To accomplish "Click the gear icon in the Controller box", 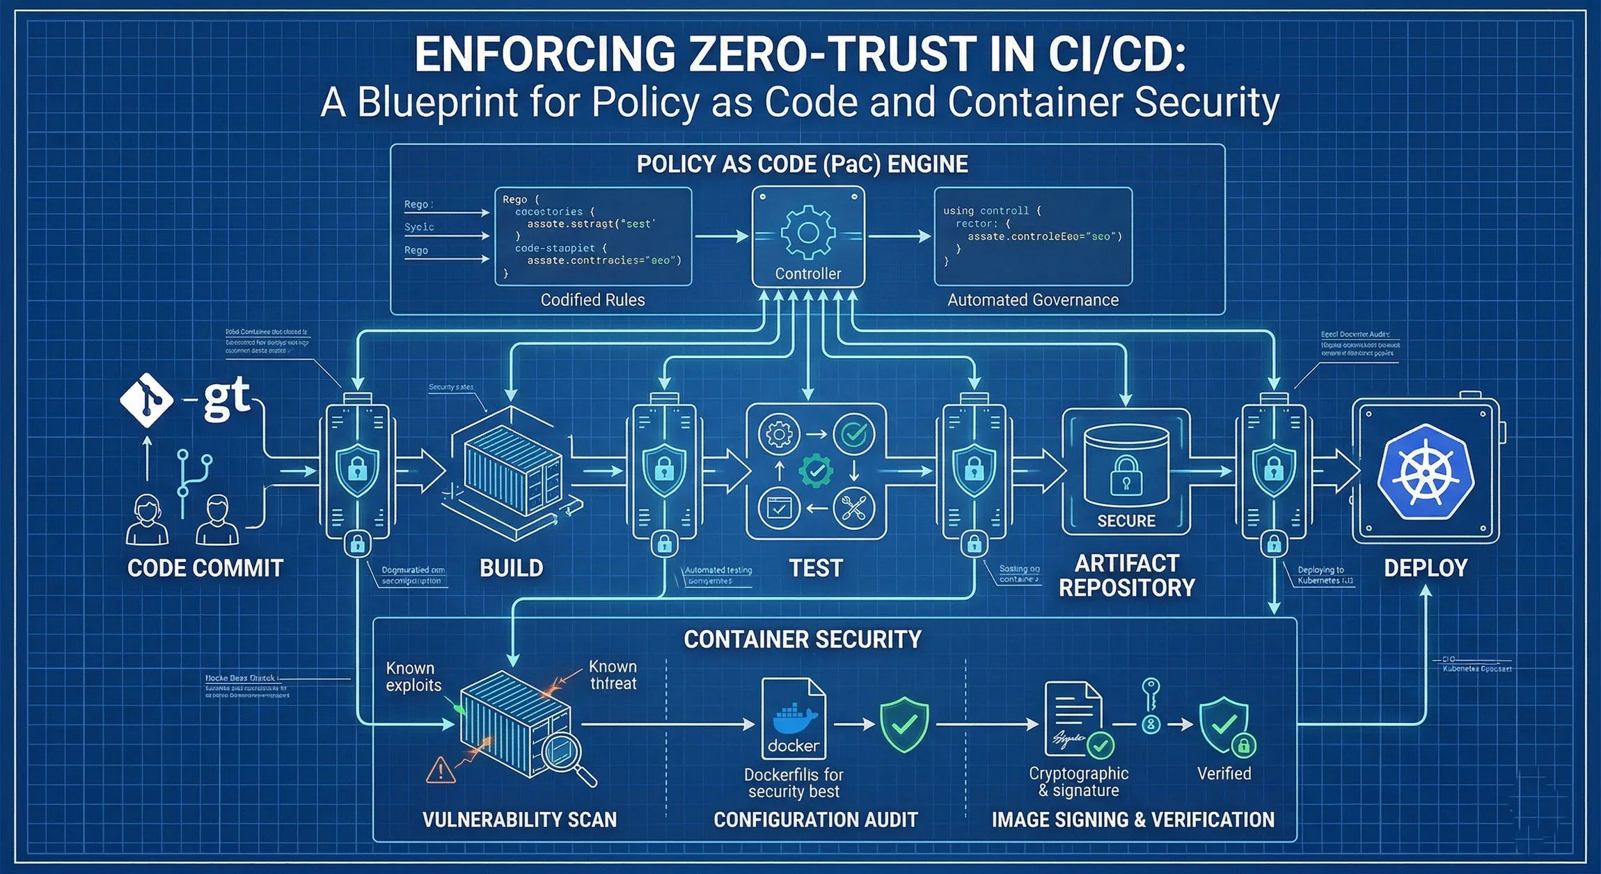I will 807,232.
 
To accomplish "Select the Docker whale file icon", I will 794,719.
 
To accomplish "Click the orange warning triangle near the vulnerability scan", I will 440,770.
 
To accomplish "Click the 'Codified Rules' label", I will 592,300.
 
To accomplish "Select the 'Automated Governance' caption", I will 1032,300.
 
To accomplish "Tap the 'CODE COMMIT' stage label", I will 205,568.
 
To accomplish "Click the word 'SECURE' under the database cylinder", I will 1126,521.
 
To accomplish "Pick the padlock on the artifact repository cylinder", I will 1126,476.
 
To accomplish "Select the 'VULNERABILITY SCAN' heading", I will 519,820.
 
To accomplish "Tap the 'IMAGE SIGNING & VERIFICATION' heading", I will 1133,820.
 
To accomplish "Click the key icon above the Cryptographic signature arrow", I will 1151,696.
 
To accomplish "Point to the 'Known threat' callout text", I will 613,675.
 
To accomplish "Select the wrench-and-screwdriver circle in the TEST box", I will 853,508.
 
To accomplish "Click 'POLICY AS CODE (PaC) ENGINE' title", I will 802,164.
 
